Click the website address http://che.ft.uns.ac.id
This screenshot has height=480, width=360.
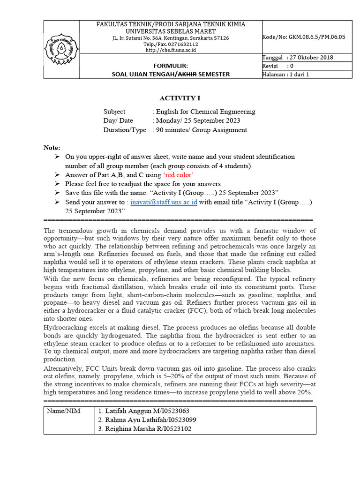pyautogui.click(x=170, y=50)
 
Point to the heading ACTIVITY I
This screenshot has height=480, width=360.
pyautogui.click(x=180, y=98)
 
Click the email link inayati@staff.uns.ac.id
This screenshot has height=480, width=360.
pyautogui.click(x=164, y=202)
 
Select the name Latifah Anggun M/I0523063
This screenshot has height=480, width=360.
pyautogui.click(x=144, y=411)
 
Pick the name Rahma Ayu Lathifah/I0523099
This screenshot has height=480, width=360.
pyautogui.click(x=147, y=420)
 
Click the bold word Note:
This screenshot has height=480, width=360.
pyautogui.click(x=52, y=148)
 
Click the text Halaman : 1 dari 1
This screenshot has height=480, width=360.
pyautogui.click(x=286, y=74)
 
